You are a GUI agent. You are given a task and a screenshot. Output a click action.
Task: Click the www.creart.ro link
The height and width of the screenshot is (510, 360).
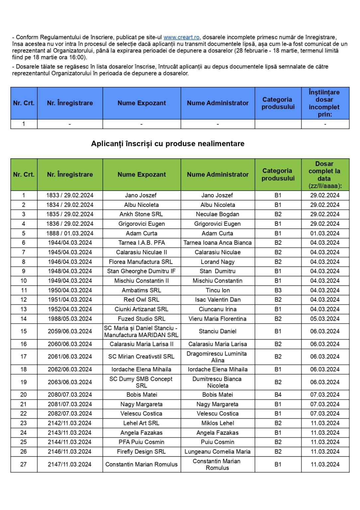coord(181,37)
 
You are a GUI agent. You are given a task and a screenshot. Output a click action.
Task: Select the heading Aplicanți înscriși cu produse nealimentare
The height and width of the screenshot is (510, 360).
coord(168,143)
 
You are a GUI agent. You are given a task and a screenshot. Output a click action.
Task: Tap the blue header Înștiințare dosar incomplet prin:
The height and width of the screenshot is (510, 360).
coord(324,103)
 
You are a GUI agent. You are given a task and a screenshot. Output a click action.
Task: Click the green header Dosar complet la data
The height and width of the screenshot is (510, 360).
coord(324,174)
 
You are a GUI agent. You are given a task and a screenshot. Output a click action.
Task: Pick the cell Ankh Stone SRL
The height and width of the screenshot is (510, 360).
coord(141,214)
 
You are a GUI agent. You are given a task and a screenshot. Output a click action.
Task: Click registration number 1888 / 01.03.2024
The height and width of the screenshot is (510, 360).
coord(70,233)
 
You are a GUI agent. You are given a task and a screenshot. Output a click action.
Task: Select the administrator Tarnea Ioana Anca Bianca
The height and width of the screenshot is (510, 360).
coord(218,243)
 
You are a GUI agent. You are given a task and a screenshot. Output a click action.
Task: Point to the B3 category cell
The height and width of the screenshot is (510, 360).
coord(278,290)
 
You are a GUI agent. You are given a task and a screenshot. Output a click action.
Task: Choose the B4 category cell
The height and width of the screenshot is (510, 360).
coord(278,394)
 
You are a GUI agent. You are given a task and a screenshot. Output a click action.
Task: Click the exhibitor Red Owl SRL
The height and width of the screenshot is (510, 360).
coord(141,299)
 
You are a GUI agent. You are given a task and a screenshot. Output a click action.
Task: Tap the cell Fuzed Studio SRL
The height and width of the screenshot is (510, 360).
coord(141,319)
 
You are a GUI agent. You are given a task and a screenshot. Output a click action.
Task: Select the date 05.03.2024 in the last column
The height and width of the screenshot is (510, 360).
coord(325,319)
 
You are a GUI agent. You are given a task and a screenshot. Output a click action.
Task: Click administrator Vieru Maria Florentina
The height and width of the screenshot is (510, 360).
coord(218,319)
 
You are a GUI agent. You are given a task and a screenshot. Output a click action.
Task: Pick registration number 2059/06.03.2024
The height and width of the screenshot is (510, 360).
coord(70,331)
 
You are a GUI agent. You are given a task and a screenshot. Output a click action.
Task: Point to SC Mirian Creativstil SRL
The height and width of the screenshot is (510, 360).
coord(141,357)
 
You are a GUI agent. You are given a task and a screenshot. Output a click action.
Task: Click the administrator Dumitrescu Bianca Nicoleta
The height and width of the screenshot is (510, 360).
coord(218,382)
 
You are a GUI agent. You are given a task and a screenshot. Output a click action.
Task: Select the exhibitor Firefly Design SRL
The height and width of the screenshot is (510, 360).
coord(141,452)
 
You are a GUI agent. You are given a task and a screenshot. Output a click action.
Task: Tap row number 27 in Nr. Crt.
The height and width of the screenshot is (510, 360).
coord(24,464)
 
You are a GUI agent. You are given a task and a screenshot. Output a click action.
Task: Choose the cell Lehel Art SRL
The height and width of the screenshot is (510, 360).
coord(141,423)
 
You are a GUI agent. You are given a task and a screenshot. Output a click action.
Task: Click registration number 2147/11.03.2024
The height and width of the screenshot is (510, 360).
coord(70,464)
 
